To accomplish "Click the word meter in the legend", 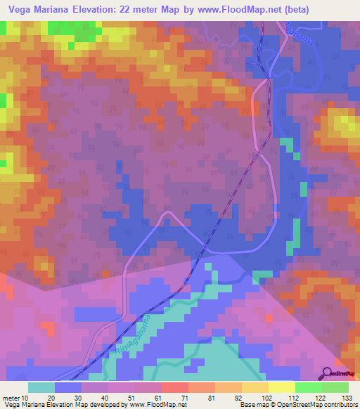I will coord(10,397).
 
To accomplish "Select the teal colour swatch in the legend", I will coord(41,387).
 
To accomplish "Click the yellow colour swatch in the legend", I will coord(281,387).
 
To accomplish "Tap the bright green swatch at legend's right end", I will coord(335,387).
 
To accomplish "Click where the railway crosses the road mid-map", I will coord(206,247).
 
